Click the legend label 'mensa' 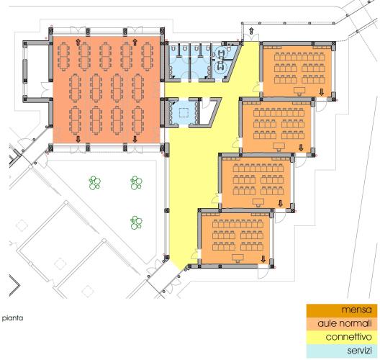point(356,310)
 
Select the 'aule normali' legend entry point(344,323)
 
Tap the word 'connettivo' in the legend point(349,337)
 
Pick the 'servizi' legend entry point(359,351)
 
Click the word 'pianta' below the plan point(13,318)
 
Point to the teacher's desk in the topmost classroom point(300,91)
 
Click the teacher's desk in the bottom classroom point(237,258)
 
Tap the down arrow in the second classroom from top point(301,147)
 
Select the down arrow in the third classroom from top point(281,203)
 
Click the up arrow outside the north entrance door point(252,31)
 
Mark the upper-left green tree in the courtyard point(95,183)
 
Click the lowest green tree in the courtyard point(136,222)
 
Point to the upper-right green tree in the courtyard point(136,183)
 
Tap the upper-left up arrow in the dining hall point(78,42)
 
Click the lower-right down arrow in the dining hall point(135,139)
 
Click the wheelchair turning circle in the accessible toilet point(221,66)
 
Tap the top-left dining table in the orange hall point(63,57)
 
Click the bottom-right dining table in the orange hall point(138,120)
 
